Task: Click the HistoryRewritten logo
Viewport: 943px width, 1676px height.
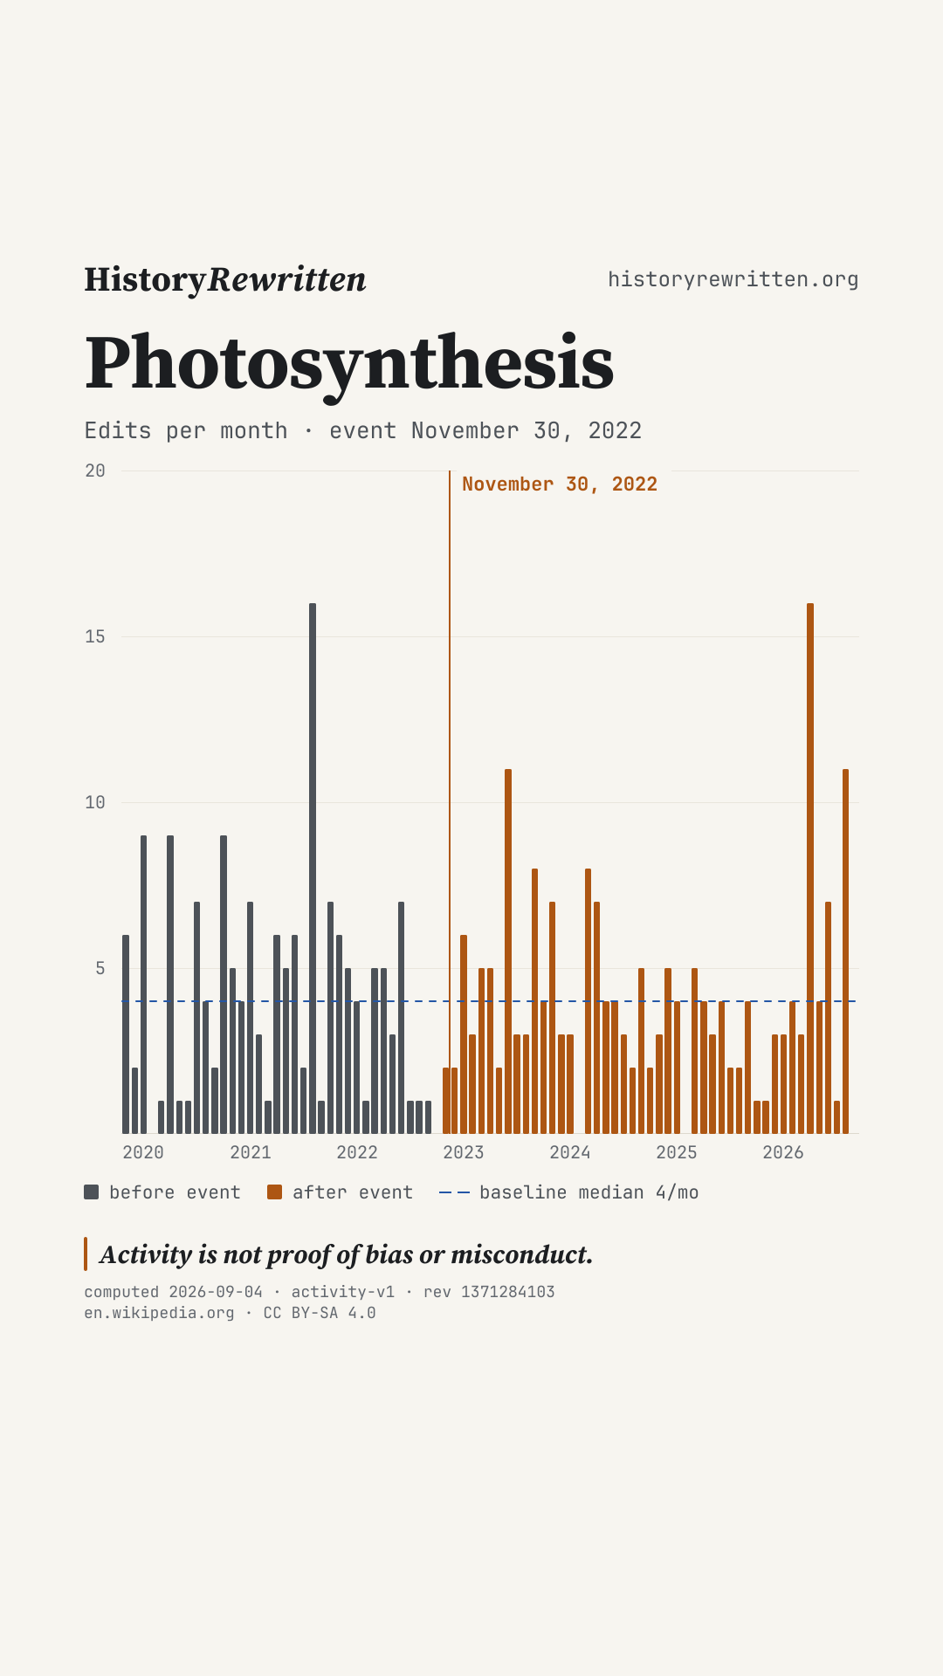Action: click(225, 279)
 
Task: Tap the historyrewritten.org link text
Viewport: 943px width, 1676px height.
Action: click(733, 279)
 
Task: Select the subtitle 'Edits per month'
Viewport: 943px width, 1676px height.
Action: click(186, 431)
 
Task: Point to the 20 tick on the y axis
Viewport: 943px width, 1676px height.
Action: click(95, 471)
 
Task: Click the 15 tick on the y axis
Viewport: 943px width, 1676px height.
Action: click(95, 637)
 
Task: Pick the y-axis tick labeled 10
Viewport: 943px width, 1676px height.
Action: click(95, 803)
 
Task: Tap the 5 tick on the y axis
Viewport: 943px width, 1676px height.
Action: click(100, 969)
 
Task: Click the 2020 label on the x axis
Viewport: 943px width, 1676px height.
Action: click(143, 1152)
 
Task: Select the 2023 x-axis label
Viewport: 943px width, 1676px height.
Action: click(464, 1152)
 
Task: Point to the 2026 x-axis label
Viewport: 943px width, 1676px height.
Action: click(783, 1152)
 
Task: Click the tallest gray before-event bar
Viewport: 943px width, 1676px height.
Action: click(313, 869)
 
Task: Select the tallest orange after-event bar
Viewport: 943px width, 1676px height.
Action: click(810, 869)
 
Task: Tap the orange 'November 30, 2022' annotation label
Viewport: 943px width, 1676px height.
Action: click(560, 484)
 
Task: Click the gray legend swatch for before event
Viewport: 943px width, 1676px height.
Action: click(92, 1192)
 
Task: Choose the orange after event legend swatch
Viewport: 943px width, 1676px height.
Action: click(275, 1192)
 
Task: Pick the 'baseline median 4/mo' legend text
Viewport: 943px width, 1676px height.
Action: click(589, 1192)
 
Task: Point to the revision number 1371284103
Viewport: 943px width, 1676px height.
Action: click(508, 1292)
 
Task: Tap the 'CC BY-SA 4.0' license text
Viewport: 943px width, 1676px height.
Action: click(320, 1313)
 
